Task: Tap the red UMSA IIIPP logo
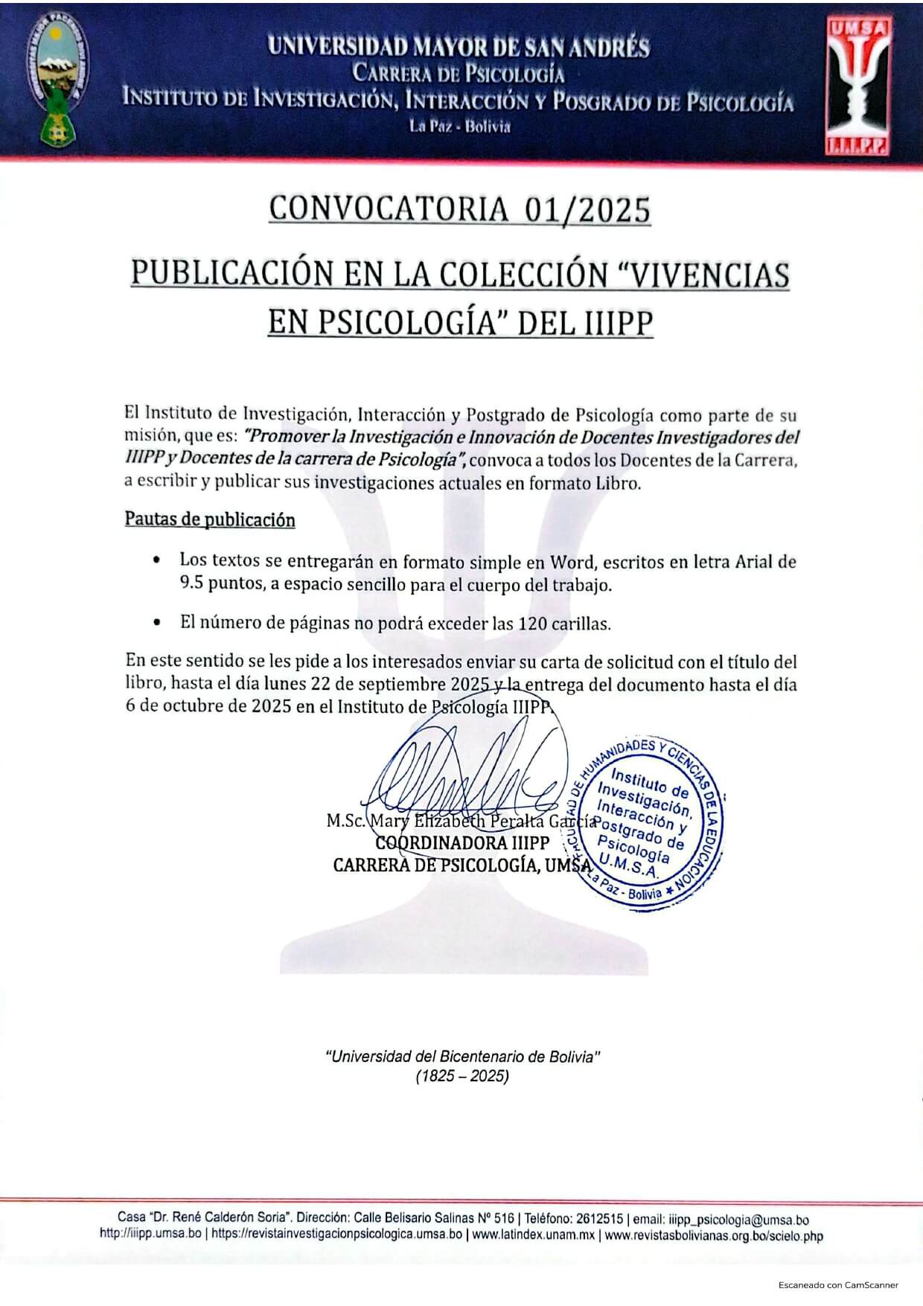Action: pyautogui.click(x=858, y=86)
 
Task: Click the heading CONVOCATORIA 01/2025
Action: pyautogui.click(x=460, y=209)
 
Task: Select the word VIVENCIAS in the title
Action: pyautogui.click(x=710, y=273)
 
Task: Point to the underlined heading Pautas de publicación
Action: pyautogui.click(x=210, y=519)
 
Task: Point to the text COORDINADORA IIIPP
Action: pyautogui.click(x=462, y=843)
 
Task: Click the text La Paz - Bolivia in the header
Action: pyautogui.click(x=460, y=127)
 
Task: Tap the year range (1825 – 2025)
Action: pyautogui.click(x=461, y=1076)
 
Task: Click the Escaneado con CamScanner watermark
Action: pyautogui.click(x=838, y=1285)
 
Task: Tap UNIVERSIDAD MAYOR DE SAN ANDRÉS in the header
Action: pyautogui.click(x=459, y=48)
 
